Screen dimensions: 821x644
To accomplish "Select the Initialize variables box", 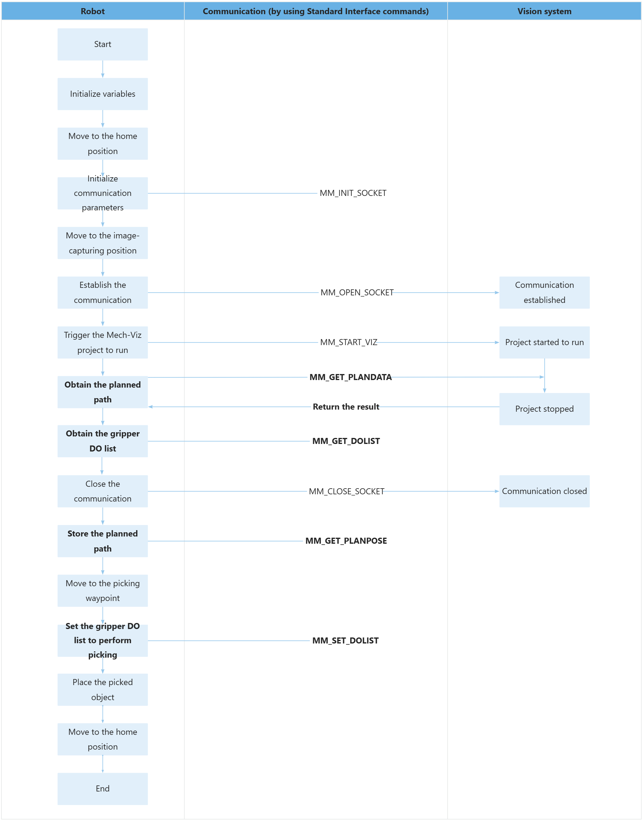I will (103, 94).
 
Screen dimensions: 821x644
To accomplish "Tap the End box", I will (103, 788).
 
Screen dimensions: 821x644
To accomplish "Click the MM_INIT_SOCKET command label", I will (353, 193).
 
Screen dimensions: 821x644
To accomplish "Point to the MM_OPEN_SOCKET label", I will (357, 292).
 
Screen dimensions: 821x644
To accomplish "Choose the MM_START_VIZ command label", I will (348, 342).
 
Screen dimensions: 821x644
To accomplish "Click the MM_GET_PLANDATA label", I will (350, 377).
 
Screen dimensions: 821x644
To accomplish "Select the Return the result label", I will (346, 407).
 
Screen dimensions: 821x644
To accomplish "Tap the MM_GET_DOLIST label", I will (346, 441).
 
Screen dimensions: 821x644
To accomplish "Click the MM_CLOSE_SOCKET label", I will (347, 491).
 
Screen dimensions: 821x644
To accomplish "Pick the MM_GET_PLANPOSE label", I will (346, 541).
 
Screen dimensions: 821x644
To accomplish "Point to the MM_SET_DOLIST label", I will (345, 640).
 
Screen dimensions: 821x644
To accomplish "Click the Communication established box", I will (544, 292).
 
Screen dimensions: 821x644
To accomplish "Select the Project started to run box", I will (544, 342).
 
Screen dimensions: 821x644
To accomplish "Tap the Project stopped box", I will (544, 409).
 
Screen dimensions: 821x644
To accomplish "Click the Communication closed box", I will (544, 491).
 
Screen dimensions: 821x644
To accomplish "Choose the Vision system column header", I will (544, 11).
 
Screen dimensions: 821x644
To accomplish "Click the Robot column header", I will (93, 11).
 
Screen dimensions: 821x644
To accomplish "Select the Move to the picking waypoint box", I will (103, 590).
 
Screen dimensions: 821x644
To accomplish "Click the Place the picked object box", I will (103, 690).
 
